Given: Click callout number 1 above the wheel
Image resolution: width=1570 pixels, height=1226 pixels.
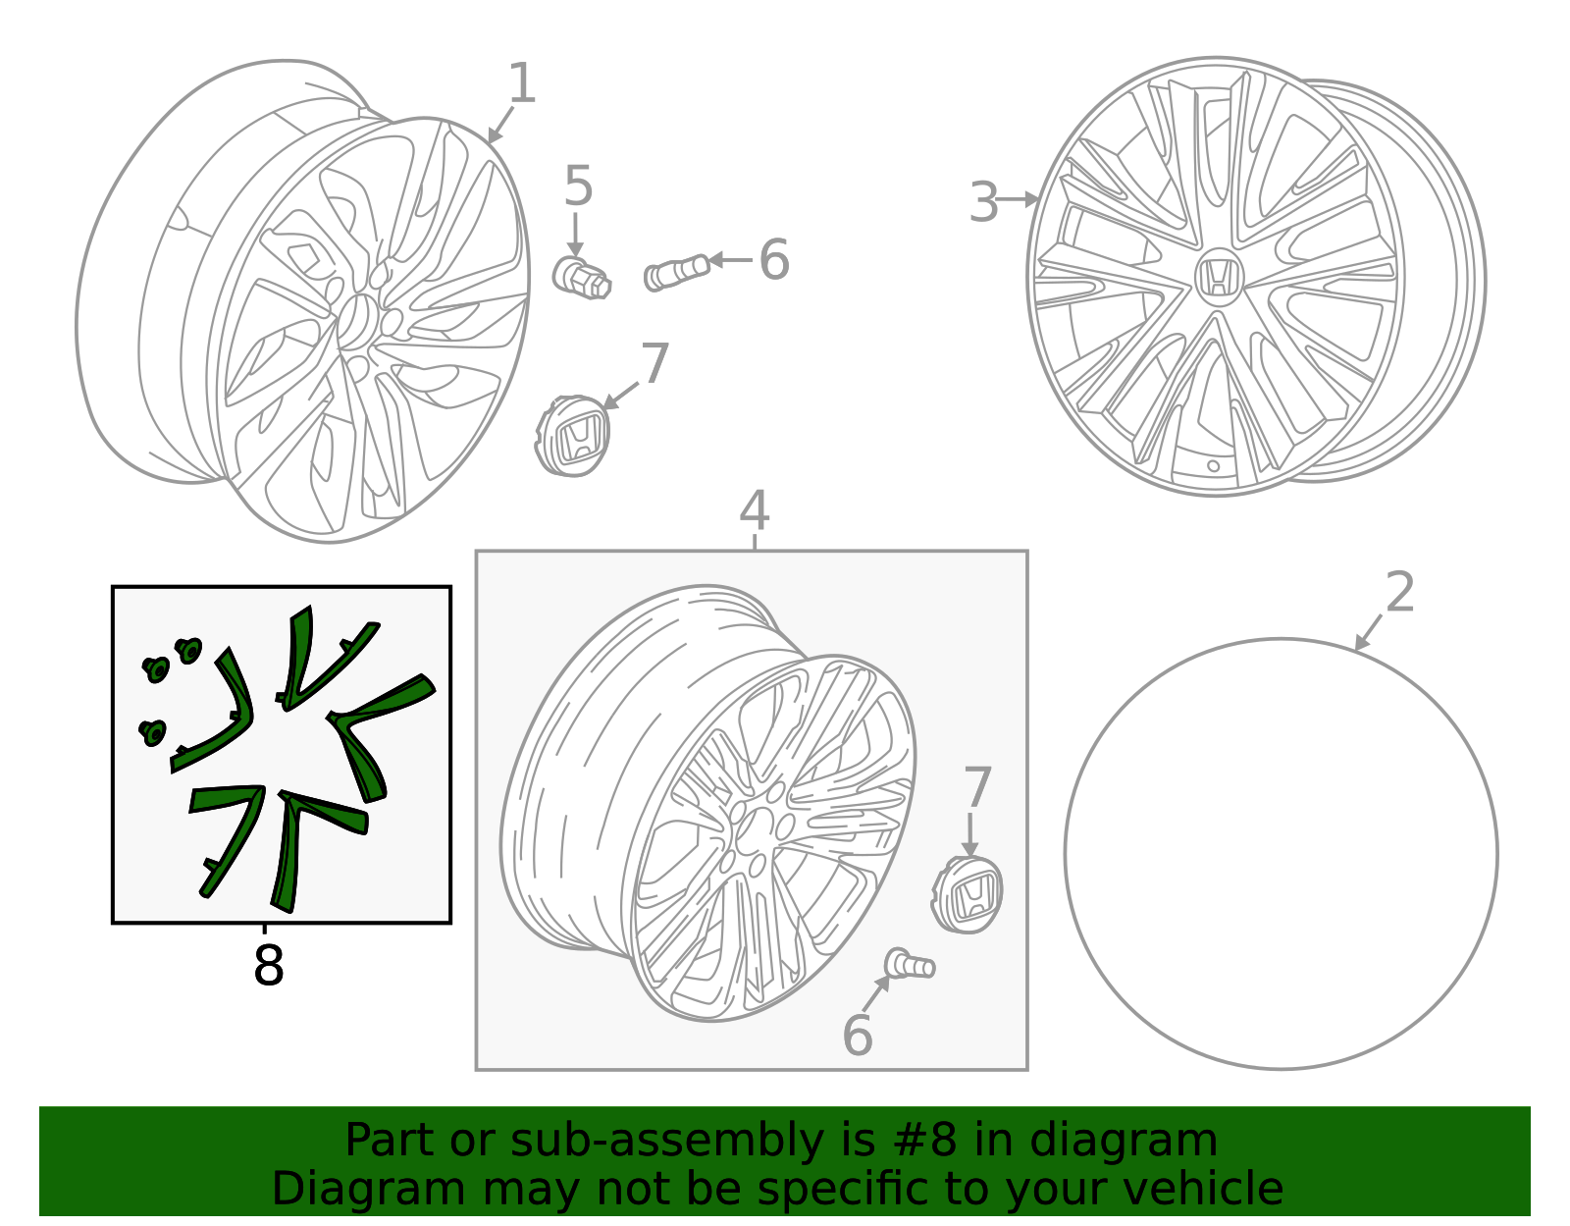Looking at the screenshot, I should [x=522, y=84].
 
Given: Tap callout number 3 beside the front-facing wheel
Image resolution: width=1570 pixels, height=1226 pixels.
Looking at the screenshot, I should [x=983, y=203].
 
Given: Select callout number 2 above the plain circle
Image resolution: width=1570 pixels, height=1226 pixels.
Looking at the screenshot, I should [x=1400, y=593].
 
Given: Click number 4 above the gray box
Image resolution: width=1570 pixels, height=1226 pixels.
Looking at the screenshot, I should [x=754, y=511].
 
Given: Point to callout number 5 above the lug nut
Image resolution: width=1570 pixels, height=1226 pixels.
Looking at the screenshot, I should [x=578, y=187].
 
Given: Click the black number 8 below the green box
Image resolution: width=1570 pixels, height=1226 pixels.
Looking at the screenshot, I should [x=268, y=967].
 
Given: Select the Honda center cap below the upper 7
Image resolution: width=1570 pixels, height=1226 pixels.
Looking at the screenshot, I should [x=573, y=436].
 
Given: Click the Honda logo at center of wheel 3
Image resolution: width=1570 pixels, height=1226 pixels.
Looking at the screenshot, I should [x=1218, y=276].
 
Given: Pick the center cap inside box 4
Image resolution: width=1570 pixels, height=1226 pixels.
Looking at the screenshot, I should [x=968, y=894].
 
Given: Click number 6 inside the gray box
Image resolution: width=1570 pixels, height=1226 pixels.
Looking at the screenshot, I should [x=857, y=1037].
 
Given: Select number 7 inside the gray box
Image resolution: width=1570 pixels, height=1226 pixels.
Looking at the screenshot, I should [x=977, y=787].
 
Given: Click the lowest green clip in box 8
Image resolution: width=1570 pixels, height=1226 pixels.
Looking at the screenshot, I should [x=153, y=732].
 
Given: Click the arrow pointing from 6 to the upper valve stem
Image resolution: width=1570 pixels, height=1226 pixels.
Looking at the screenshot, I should [x=730, y=260].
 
